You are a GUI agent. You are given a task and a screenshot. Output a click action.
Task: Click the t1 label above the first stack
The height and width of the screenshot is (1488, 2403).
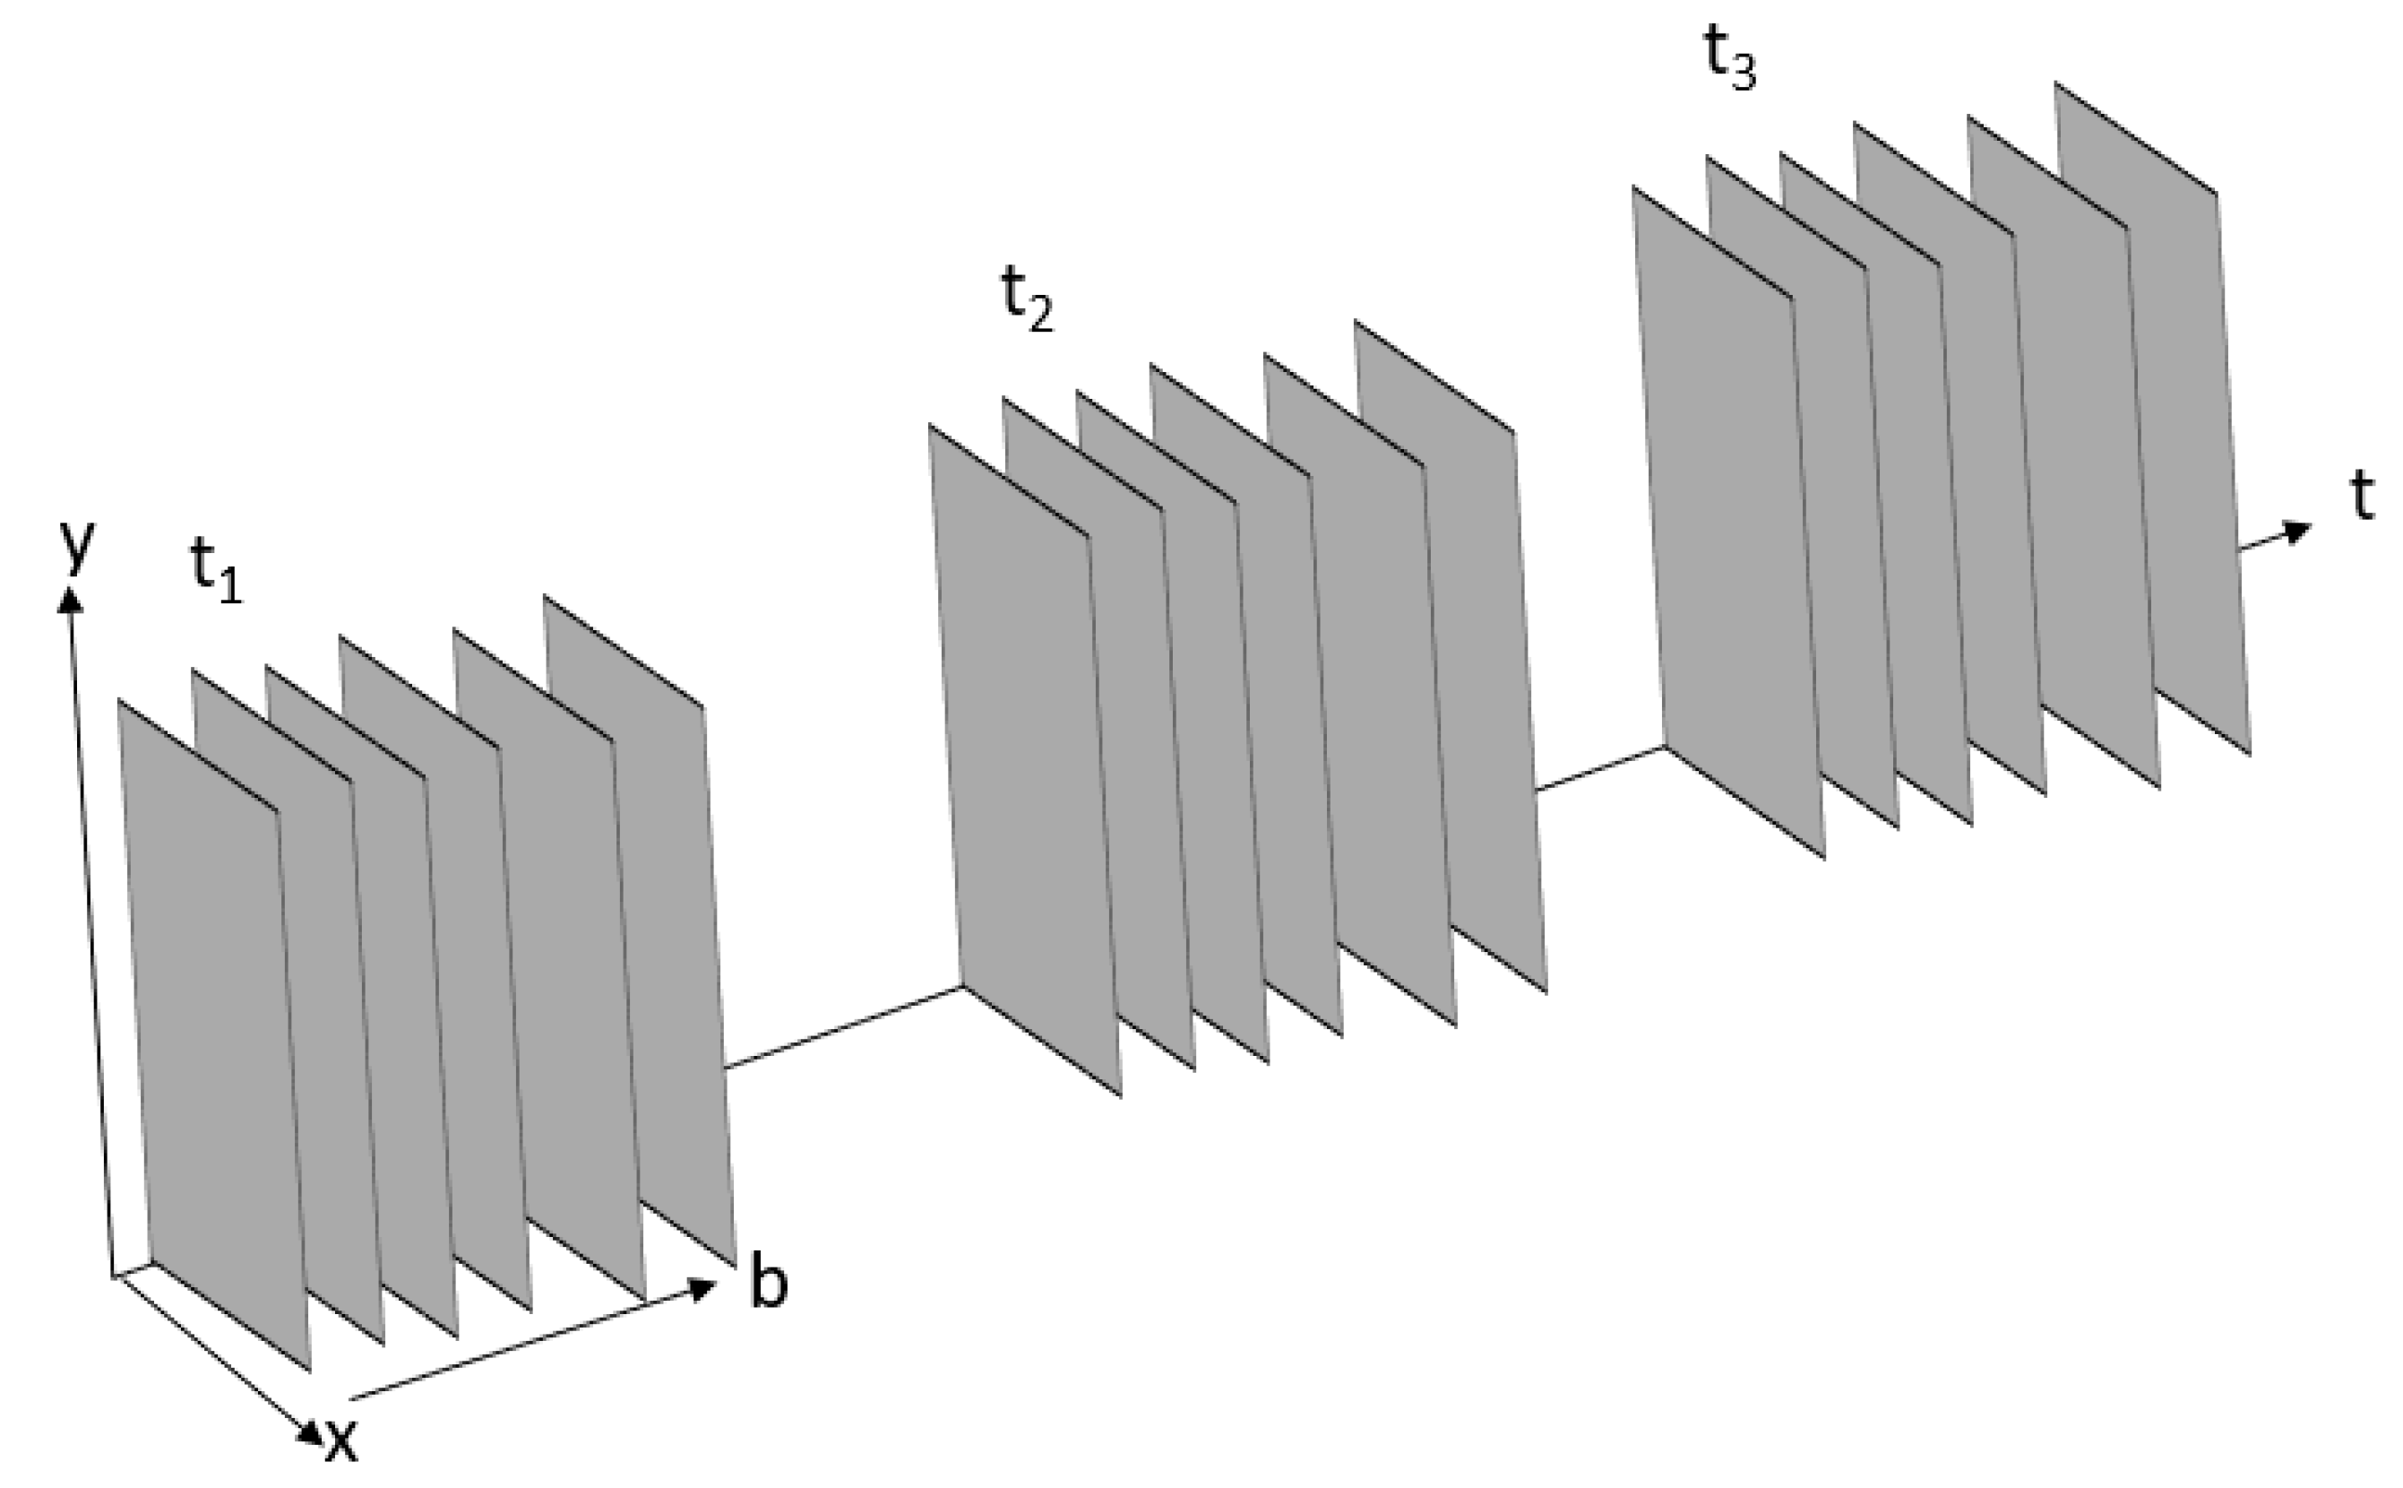[x=214, y=572]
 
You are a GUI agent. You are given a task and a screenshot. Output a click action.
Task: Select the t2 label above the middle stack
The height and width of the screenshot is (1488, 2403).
[x=1026, y=301]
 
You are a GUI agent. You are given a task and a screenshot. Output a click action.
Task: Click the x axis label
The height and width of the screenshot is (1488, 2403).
[x=340, y=1441]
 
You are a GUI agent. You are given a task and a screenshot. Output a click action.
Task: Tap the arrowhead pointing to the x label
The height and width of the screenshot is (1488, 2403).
[x=312, y=1433]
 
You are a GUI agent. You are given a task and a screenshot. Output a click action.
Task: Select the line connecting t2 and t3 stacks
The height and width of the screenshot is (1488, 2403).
[x=1599, y=768]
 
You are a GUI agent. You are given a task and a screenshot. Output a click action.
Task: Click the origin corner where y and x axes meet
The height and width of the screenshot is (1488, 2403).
[x=114, y=1277]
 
